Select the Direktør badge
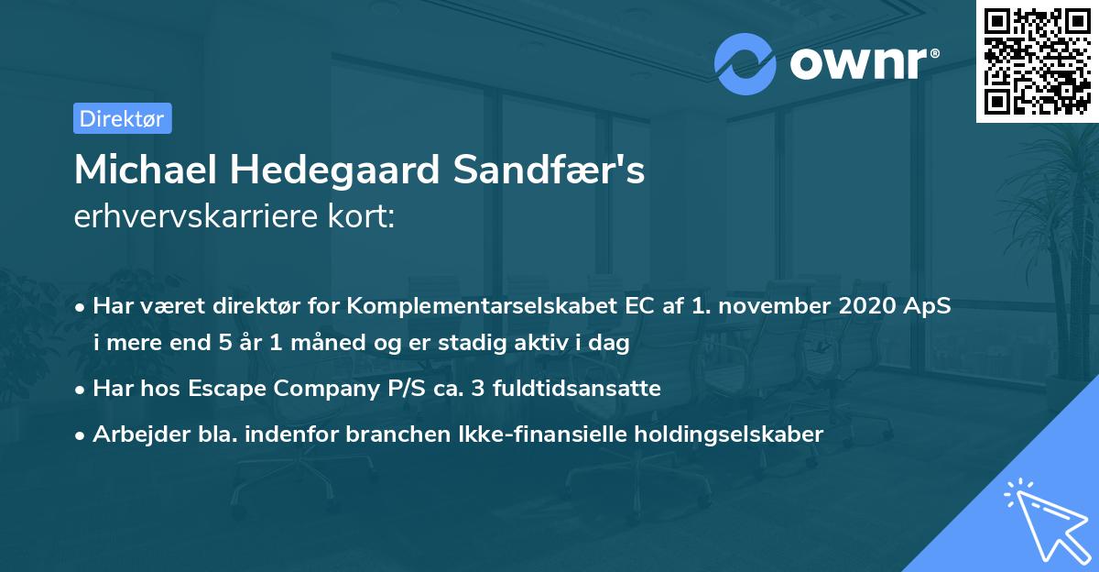[x=122, y=118]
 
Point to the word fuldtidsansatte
[x=577, y=389]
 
